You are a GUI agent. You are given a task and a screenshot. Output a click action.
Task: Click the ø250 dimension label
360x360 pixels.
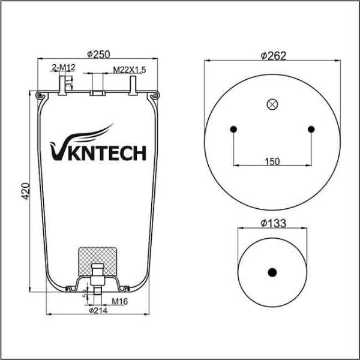point(98,54)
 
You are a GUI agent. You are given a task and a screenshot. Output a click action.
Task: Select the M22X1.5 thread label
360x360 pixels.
point(130,70)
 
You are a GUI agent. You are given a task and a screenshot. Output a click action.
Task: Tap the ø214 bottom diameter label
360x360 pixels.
point(98,311)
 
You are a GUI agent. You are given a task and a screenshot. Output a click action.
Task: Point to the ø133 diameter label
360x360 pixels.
point(272,224)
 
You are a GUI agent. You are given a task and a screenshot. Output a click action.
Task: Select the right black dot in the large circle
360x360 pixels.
point(311,128)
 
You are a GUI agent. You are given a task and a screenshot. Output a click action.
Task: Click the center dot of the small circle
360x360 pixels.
point(272,272)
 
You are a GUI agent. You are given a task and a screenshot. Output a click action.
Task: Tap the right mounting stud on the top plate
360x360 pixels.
point(131,85)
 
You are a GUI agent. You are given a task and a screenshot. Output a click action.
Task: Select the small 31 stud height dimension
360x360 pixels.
point(70,83)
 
